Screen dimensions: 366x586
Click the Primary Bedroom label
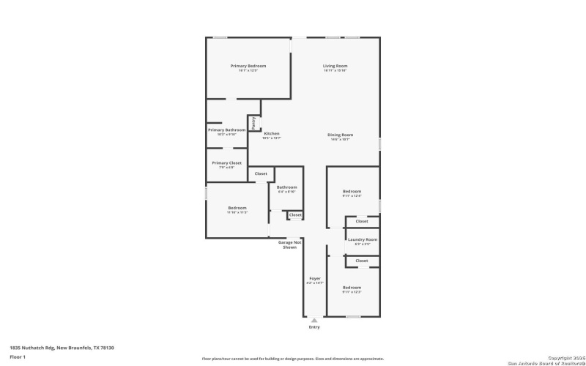248,66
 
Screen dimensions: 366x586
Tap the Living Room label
335,66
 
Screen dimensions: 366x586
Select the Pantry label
253,123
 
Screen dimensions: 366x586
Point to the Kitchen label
272,134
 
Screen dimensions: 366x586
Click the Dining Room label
340,135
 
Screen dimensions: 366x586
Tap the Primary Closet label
226,163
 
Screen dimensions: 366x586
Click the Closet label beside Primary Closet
261,173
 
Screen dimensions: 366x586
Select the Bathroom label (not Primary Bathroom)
286,187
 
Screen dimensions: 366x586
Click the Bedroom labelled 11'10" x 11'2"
237,208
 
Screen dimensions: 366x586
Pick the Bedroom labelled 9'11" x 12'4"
352,192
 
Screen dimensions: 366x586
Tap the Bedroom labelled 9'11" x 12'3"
352,288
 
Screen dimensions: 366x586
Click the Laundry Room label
362,239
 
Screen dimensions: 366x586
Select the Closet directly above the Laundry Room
361,221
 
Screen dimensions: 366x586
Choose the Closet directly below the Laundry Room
361,261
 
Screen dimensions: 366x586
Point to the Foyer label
314,278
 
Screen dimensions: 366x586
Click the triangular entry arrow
314,320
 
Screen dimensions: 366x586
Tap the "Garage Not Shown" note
289,244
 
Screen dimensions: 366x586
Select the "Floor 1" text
18,356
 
